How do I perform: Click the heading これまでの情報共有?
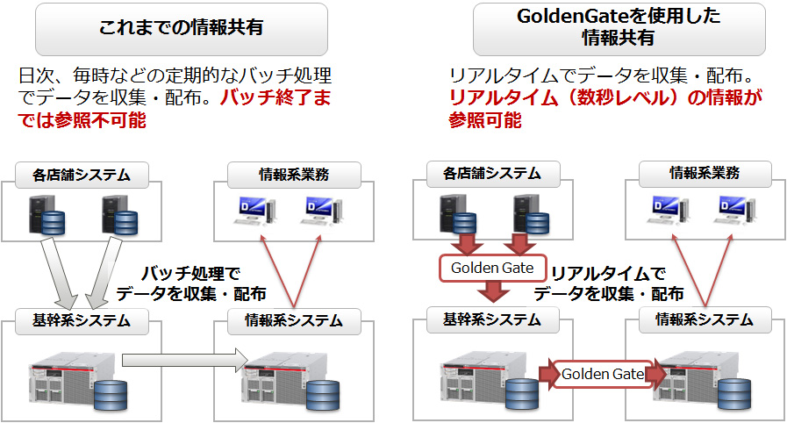(182, 28)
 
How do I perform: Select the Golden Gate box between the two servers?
(603, 374)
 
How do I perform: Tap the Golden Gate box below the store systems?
(492, 267)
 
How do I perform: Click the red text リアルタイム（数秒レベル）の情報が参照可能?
(605, 110)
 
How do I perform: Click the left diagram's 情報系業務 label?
(295, 173)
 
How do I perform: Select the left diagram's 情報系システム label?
(294, 320)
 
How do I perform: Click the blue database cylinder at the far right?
(734, 393)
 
